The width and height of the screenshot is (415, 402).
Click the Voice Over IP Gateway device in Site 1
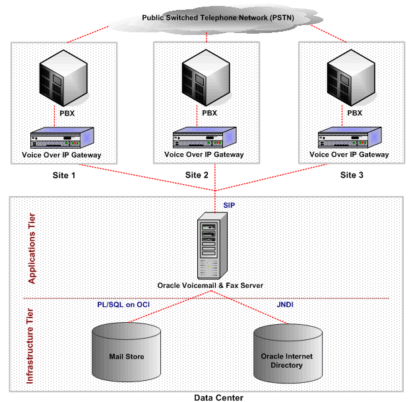click(x=63, y=139)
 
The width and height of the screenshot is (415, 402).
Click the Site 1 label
click(x=64, y=176)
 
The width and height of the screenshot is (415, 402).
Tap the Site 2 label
click(x=196, y=176)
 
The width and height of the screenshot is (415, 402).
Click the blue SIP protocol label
click(x=228, y=206)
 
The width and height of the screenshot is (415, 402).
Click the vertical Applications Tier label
click(x=30, y=245)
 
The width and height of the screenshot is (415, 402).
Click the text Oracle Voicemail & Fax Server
click(x=210, y=285)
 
